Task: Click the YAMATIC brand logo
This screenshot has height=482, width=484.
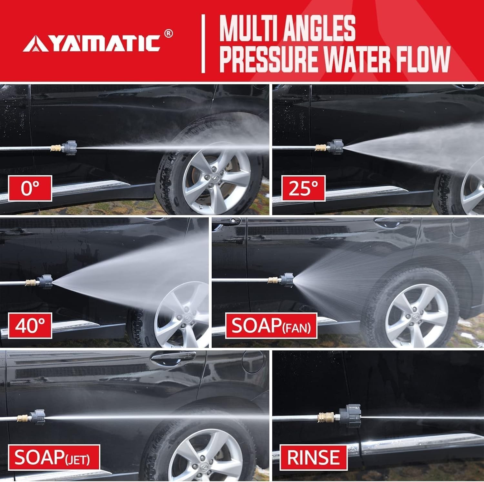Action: (92, 44)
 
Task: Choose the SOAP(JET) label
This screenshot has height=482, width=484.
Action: (52, 458)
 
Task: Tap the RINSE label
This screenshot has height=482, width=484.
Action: (313, 458)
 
